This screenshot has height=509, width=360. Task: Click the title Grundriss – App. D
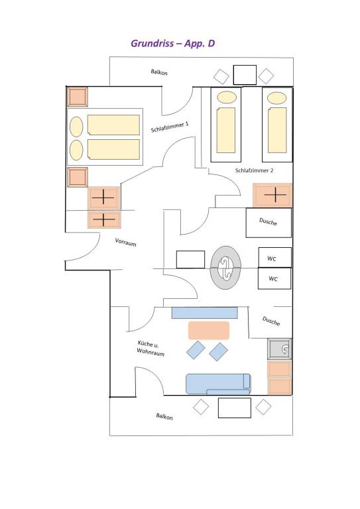coord(172,44)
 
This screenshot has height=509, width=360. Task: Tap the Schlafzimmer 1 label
coord(170,127)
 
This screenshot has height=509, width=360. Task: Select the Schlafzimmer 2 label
coord(254,170)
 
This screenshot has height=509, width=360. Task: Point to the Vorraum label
coord(125,242)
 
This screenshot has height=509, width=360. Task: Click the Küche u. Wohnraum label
coord(150,349)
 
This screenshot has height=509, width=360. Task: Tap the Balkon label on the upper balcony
coord(159,72)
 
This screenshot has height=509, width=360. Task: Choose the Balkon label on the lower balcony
coord(164,416)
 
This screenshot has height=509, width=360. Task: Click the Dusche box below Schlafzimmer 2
coord(269,223)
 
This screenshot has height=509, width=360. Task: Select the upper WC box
coord(274,257)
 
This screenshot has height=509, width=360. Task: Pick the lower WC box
coord(274,278)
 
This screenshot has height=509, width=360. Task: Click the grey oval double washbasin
coord(226,268)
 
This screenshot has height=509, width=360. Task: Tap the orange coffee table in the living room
coord(209,331)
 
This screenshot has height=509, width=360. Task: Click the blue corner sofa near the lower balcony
coord(218,384)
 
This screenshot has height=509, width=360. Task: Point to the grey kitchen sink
coord(280,349)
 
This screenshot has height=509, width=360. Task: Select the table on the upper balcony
coord(245,75)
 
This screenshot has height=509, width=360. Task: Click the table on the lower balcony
coord(235,408)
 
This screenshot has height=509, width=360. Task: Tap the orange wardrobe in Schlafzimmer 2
coord(272,195)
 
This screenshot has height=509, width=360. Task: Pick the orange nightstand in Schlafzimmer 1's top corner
coord(78,97)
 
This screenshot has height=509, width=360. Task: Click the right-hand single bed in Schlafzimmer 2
coord(277,125)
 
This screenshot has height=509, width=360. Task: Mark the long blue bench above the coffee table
coord(204,313)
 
